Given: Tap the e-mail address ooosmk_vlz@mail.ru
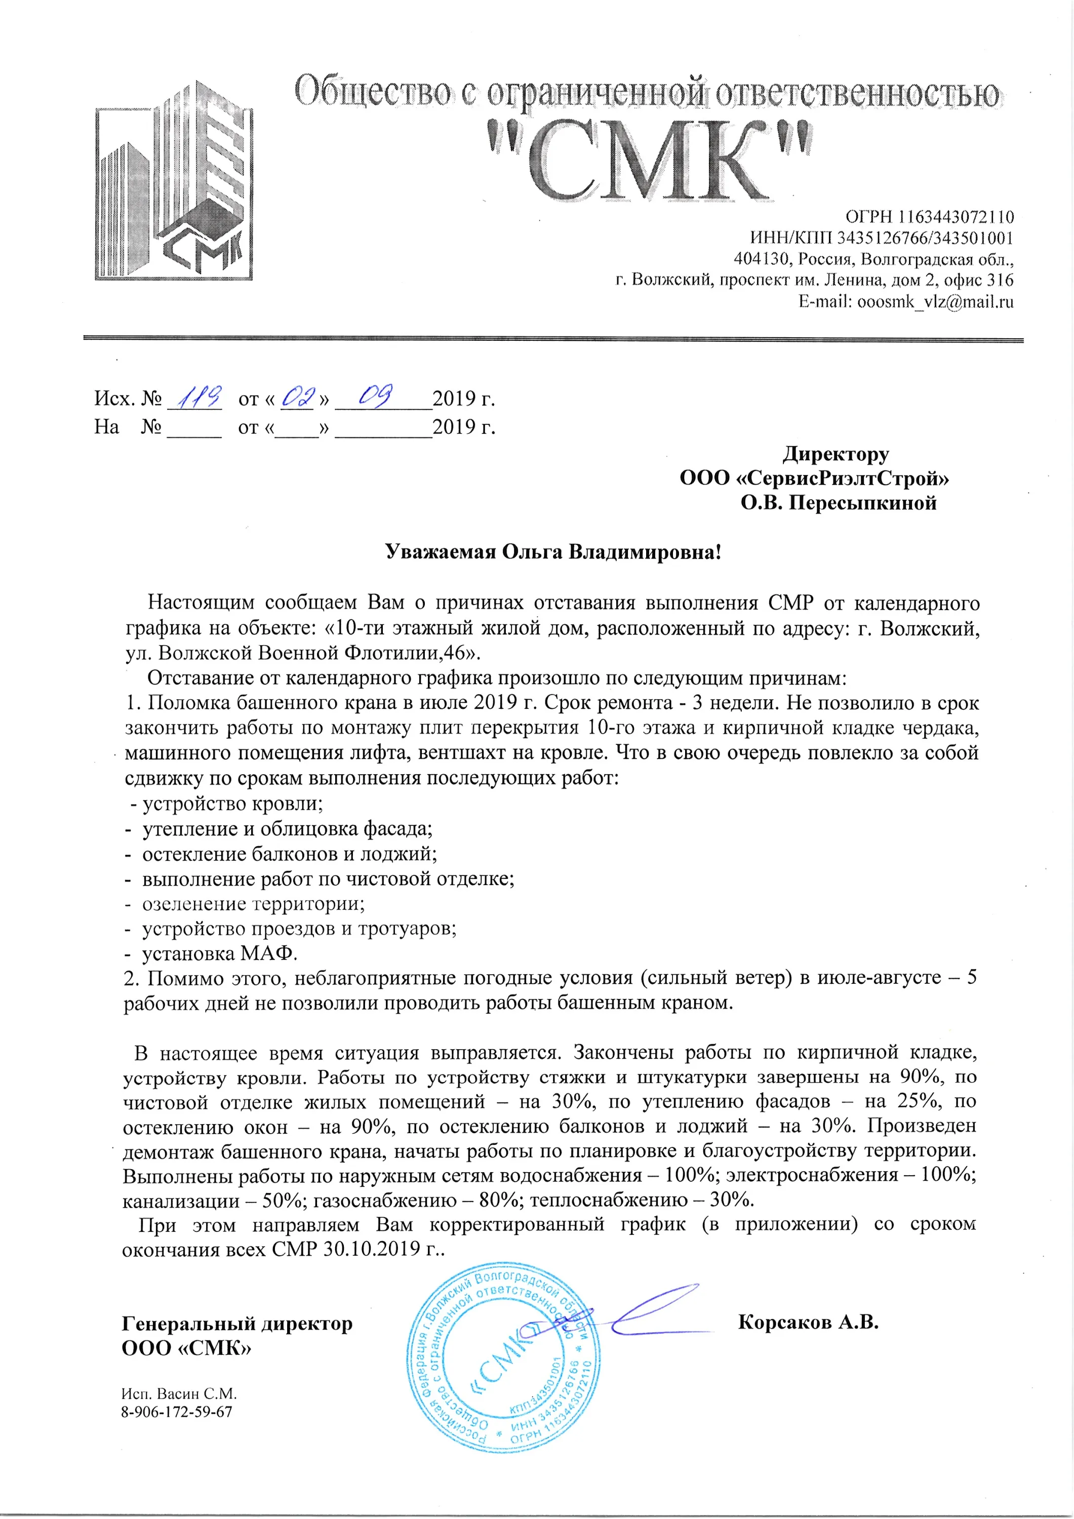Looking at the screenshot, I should tap(935, 302).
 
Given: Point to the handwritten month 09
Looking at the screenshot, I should tap(375, 396).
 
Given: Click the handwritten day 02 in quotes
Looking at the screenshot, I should tap(296, 397).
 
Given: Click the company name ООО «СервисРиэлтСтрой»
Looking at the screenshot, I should tap(814, 477).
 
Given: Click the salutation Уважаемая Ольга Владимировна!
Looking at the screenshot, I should tap(553, 552).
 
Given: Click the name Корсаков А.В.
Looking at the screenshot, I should tap(807, 1323).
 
